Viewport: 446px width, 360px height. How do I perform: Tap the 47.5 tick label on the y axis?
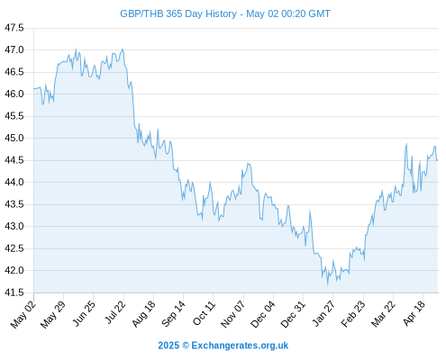pyautogui.click(x=14, y=28)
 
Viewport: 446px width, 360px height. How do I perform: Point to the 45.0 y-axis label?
pyautogui.click(x=14, y=139)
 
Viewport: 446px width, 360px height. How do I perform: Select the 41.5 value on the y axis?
pyautogui.click(x=14, y=292)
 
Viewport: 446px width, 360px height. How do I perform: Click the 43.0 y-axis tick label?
pyautogui.click(x=14, y=227)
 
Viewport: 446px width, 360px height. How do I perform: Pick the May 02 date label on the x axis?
pyautogui.click(x=23, y=314)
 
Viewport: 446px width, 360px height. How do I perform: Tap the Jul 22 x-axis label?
pyautogui.click(x=115, y=312)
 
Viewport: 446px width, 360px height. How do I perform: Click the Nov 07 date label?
pyautogui.click(x=233, y=314)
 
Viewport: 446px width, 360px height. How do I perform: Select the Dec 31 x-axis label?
pyautogui.click(x=293, y=314)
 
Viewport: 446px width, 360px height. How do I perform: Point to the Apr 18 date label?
pyautogui.click(x=414, y=313)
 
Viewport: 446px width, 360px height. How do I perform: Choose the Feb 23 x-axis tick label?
pyautogui.click(x=353, y=314)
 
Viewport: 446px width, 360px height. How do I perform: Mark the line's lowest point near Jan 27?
pyautogui.click(x=328, y=284)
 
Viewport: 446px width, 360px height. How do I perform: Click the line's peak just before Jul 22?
pyautogui.click(x=123, y=49)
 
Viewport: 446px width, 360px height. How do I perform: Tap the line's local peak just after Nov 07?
pyautogui.click(x=248, y=164)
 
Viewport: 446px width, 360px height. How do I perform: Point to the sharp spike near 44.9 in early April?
pyautogui.click(x=406, y=144)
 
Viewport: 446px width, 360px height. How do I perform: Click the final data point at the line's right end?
pyautogui.click(x=437, y=160)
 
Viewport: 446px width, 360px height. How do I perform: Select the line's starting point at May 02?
pyautogui.click(x=34, y=88)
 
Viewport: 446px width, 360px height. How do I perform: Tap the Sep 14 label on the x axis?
pyautogui.click(x=173, y=314)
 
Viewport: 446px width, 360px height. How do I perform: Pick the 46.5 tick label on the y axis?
pyautogui.click(x=14, y=72)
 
